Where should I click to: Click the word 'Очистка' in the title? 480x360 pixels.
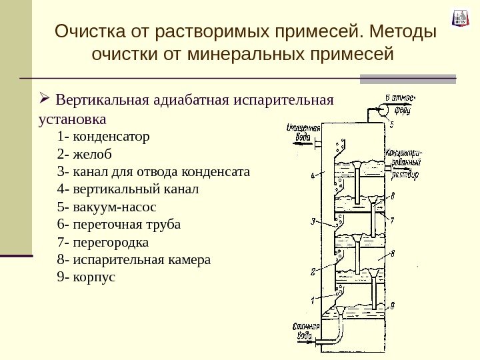point(85,31)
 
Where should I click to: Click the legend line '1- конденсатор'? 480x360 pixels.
point(104,137)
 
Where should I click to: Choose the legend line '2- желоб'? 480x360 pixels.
point(85,155)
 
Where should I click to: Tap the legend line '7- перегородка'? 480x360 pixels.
point(103,241)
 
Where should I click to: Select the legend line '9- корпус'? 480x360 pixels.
point(87,276)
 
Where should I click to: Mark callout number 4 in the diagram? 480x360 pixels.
point(312,177)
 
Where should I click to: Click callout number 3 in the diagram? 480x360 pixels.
point(312,221)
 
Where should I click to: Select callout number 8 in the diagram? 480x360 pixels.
point(393,253)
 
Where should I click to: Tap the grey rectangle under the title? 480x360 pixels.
point(408,79)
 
